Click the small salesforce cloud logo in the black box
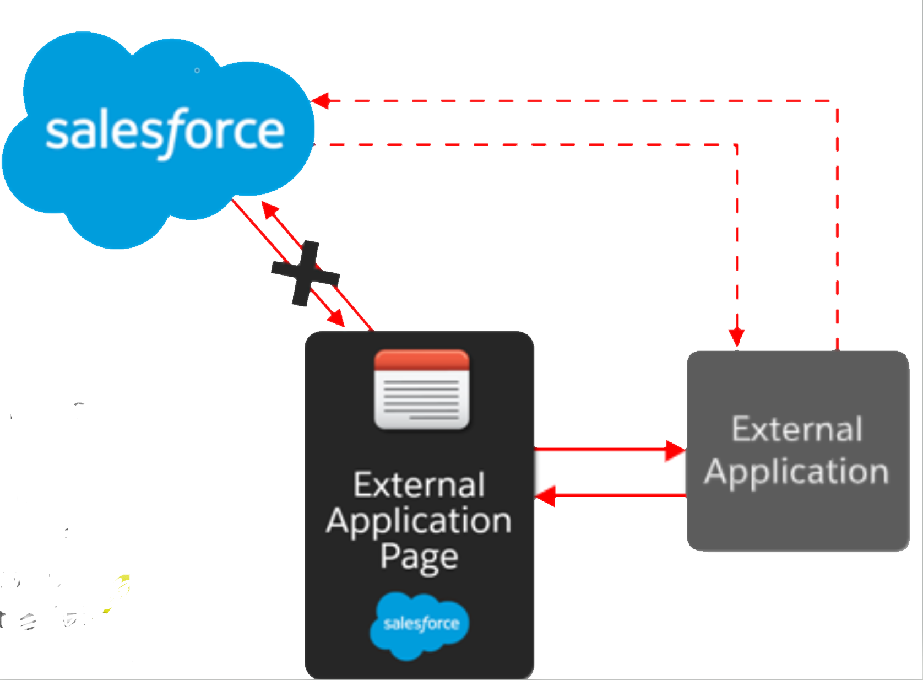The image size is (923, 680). coord(420,625)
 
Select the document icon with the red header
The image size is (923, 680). coord(421,390)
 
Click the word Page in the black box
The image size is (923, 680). coord(419,557)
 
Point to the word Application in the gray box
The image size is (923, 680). coord(796,472)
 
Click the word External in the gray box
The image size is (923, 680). coord(796,429)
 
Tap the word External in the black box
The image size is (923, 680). coord(419,485)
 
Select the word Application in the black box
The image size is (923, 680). coord(419,521)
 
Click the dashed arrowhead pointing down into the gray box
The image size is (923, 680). coord(736,337)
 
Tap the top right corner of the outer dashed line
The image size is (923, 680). coord(837,101)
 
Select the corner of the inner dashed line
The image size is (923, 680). coord(736,145)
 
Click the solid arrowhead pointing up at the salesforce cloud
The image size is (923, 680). coord(269,210)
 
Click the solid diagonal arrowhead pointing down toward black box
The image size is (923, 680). coord(336,319)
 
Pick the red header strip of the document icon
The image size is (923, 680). coord(421,360)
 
